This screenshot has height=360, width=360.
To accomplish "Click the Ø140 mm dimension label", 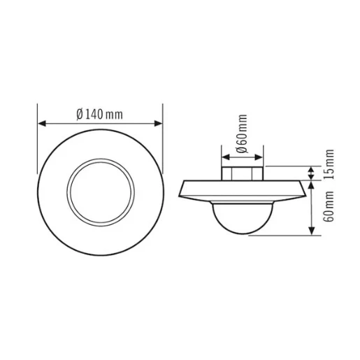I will (100, 114).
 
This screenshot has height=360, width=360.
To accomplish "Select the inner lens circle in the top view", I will (100, 189).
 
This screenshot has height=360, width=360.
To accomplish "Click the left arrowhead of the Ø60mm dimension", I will (224, 154).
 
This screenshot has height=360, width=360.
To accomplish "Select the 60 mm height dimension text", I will (329, 208).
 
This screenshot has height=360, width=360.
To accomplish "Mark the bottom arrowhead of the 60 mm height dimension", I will (311, 232).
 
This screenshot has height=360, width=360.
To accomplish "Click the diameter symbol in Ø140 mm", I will (80, 114).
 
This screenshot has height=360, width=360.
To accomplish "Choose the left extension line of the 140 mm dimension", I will (37, 140).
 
